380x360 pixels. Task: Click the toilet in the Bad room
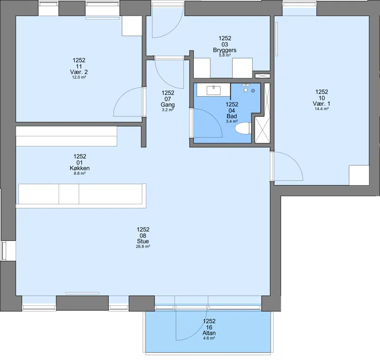point(243,128)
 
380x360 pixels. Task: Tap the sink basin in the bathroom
point(213,90)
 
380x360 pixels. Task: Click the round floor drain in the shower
point(253,91)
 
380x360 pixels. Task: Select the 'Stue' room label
point(143,241)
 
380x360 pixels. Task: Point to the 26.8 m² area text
point(143,246)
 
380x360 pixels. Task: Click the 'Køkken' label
point(80,168)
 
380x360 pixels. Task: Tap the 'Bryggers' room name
point(225,50)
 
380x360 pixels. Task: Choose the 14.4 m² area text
point(322,109)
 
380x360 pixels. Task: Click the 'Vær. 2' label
point(79,72)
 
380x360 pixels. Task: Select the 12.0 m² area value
point(79,77)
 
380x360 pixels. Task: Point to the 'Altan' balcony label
point(209,333)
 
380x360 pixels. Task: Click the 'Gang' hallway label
point(168,104)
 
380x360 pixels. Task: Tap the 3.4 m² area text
point(232,122)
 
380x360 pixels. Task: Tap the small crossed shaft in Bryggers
point(263,76)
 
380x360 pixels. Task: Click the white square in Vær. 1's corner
point(359,175)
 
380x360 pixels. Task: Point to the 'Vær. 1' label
point(322,104)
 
